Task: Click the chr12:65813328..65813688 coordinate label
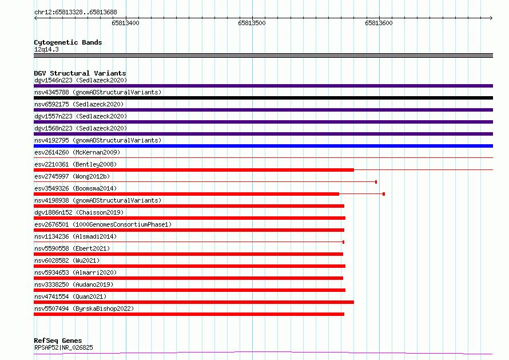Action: click(x=75, y=13)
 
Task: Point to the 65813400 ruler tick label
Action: click(x=125, y=23)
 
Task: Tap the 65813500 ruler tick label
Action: click(x=252, y=23)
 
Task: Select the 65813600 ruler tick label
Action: click(x=379, y=23)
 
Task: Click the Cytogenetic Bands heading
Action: click(x=68, y=42)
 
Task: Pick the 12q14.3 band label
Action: click(x=46, y=49)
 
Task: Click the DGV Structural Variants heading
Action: click(x=80, y=73)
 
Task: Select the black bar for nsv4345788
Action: click(x=263, y=98)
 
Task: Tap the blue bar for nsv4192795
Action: click(x=263, y=146)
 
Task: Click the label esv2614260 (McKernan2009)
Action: click(x=77, y=152)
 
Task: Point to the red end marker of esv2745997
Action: click(x=376, y=182)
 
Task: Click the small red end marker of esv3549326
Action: click(x=384, y=194)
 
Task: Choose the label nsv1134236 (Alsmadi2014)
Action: click(x=75, y=236)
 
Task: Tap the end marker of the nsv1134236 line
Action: click(x=344, y=242)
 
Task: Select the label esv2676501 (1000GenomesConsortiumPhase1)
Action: click(x=103, y=224)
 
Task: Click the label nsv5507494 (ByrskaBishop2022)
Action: click(x=84, y=308)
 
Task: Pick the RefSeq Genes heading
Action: click(x=58, y=341)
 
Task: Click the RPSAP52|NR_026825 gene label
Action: click(x=63, y=347)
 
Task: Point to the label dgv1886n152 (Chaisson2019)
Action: click(x=79, y=212)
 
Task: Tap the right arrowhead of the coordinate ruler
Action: click(x=491, y=18)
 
